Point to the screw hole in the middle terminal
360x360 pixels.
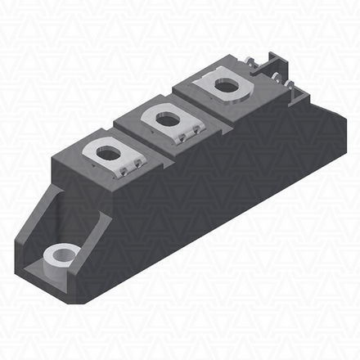pyautogui.click(x=167, y=119)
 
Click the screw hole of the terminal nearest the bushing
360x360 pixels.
pyautogui.click(x=109, y=151)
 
